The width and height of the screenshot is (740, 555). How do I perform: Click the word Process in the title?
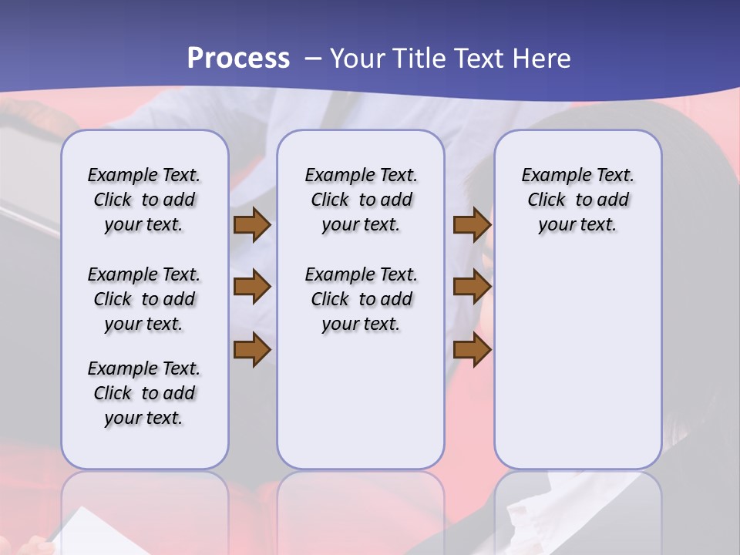[238, 59]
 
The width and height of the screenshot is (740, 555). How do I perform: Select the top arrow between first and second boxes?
[252, 225]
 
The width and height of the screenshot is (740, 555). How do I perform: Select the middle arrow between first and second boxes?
[252, 288]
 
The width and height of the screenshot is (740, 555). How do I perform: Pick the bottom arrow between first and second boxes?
[252, 350]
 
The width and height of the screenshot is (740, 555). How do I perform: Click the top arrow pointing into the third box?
[472, 225]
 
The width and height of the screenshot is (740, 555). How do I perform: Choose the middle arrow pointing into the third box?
[472, 288]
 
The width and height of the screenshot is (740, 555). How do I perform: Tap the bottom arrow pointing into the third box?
[472, 350]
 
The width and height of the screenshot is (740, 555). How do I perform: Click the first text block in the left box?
[144, 200]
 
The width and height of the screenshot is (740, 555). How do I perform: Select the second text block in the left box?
[144, 299]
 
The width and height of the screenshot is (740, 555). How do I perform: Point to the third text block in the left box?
[144, 393]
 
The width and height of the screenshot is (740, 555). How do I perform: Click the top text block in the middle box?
[361, 200]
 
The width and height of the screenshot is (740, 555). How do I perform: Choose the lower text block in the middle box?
[361, 299]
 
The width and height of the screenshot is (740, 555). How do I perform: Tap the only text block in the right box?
[578, 200]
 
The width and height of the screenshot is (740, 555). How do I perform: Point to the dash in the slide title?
[313, 59]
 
